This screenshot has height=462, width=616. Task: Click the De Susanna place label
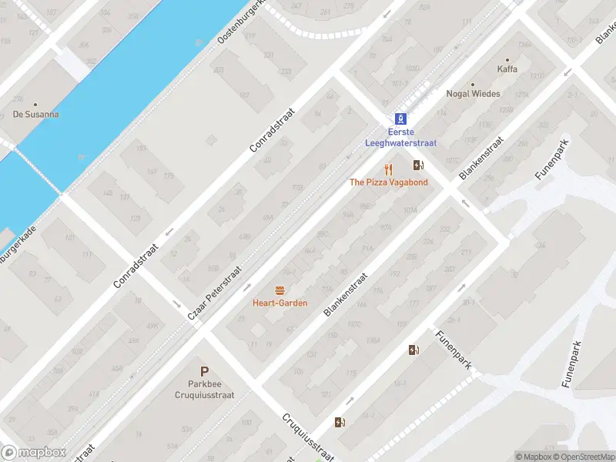(x=35, y=115)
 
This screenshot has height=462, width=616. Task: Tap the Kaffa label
(x=507, y=69)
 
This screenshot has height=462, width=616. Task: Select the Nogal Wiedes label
(x=473, y=94)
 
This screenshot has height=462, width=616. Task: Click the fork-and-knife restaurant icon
(x=389, y=169)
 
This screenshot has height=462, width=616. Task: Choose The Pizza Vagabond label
(x=388, y=182)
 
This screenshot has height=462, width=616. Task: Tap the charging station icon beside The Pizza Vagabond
(x=418, y=165)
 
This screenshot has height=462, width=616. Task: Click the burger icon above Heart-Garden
(x=280, y=290)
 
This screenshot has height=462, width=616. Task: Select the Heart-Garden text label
(x=280, y=303)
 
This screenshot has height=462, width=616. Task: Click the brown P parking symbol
(x=205, y=371)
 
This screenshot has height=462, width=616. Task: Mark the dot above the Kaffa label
(x=507, y=59)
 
